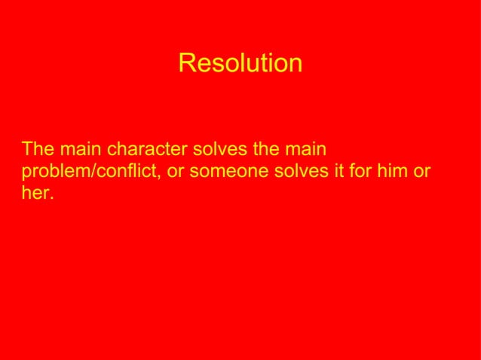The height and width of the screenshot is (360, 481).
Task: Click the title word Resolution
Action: pos(240,63)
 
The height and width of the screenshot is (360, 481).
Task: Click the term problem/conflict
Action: pos(91,171)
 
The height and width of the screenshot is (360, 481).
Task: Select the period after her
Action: pos(53,199)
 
